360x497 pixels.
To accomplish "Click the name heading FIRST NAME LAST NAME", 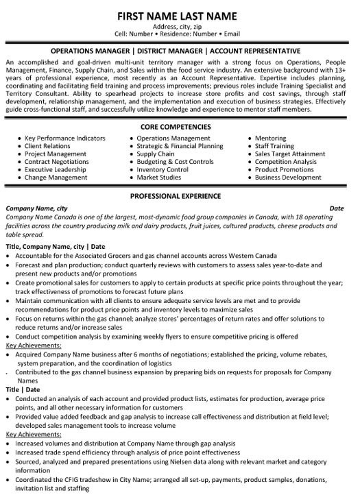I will click(179, 15).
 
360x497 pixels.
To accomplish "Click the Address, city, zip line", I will click(180, 27).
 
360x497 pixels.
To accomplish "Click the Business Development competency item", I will click(287, 177).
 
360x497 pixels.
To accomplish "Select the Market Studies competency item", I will click(158, 177).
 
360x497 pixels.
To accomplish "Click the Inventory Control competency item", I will click(163, 169).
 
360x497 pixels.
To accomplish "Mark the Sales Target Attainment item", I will click(291, 154).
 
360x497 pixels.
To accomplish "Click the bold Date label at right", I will click(336, 207).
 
